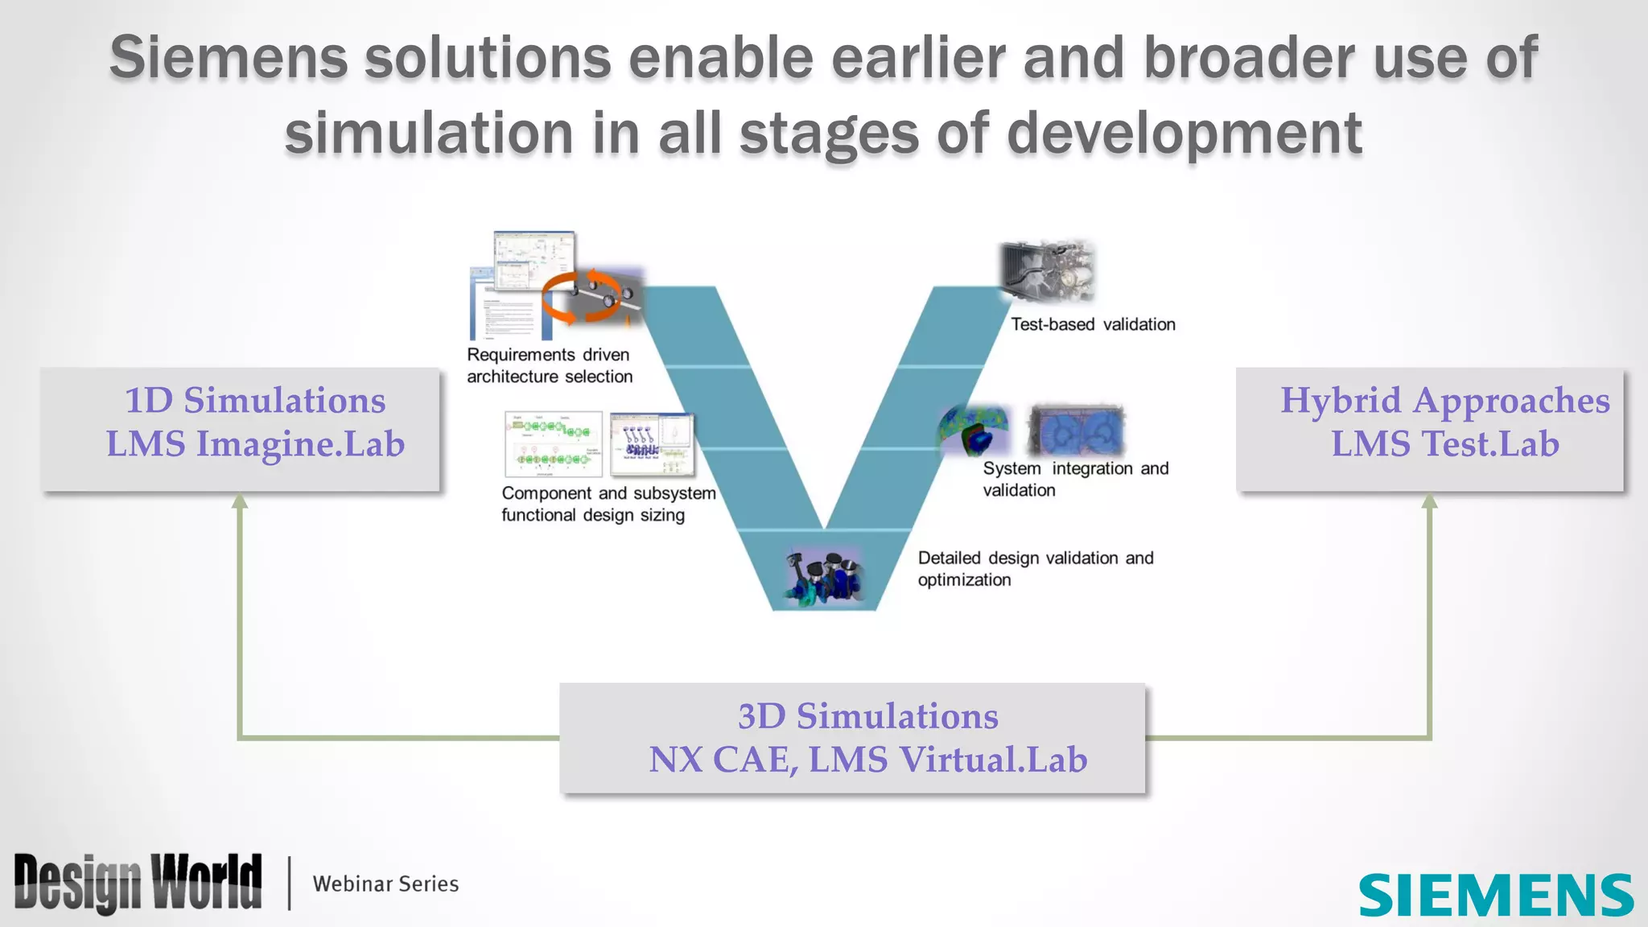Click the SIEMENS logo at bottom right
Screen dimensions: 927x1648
pyautogui.click(x=1495, y=895)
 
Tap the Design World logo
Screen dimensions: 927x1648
pyautogui.click(x=138, y=883)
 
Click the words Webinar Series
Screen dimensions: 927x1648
pyautogui.click(x=385, y=884)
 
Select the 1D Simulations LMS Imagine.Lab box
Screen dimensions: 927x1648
pyautogui.click(x=241, y=429)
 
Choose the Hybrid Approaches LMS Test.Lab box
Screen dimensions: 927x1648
pyautogui.click(x=1430, y=429)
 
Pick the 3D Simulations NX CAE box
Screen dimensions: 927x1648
pyautogui.click(x=852, y=738)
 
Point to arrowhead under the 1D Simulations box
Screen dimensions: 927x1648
pyautogui.click(x=240, y=501)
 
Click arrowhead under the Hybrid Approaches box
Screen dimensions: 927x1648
pyautogui.click(x=1429, y=501)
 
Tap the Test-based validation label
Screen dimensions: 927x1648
pyautogui.click(x=1093, y=324)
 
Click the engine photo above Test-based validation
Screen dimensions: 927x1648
pyautogui.click(x=1047, y=270)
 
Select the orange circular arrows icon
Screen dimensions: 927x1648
pyautogui.click(x=581, y=296)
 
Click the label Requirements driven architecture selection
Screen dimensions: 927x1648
pyautogui.click(x=550, y=365)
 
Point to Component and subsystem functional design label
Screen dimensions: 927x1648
pyautogui.click(x=608, y=504)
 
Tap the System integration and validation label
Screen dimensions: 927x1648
pyautogui.click(x=1075, y=479)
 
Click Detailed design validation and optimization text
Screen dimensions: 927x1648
pyautogui.click(x=1036, y=568)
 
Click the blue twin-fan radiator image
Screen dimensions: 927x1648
pyautogui.click(x=1076, y=431)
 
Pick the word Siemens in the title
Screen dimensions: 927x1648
pyautogui.click(x=228, y=58)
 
